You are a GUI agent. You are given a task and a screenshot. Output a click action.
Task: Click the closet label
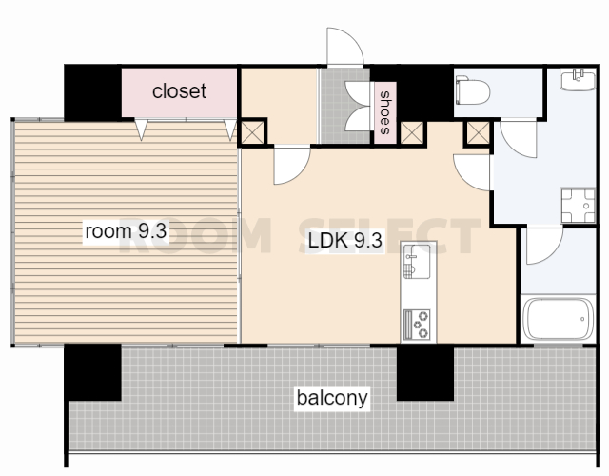[179, 91]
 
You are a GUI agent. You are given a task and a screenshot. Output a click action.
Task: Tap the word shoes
[384, 112]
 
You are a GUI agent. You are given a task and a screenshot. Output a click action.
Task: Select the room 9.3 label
[126, 231]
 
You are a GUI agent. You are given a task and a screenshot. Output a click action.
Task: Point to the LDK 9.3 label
[344, 240]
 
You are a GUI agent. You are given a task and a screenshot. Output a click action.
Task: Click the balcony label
[332, 398]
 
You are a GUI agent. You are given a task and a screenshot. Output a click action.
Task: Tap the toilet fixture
[472, 90]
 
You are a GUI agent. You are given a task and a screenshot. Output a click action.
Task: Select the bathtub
[558, 320]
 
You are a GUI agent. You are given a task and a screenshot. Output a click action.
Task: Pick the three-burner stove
[417, 325]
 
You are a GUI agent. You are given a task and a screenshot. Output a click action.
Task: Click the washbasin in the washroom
[578, 79]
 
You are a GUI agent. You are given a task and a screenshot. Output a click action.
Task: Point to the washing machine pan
[578, 206]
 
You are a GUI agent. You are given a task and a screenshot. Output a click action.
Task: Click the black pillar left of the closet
[93, 92]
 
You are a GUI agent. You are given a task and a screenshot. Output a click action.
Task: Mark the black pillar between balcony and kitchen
[425, 372]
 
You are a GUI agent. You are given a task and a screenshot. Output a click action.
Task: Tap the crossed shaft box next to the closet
[252, 132]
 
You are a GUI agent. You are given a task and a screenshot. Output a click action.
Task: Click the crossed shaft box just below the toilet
[478, 132]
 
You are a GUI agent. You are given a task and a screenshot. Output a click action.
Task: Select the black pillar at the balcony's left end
[93, 372]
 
